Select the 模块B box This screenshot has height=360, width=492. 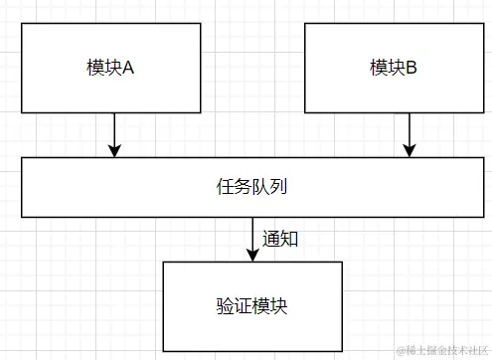click(x=394, y=68)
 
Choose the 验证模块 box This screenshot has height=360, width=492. click(x=252, y=304)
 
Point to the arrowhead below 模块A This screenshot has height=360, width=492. click(x=115, y=150)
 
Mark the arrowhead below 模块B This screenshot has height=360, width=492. click(x=407, y=150)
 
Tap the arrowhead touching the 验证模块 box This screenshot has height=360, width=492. click(x=252, y=255)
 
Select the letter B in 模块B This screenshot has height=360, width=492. click(x=411, y=69)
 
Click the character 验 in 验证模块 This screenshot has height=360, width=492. click(x=225, y=304)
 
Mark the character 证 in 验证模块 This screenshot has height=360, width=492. click(x=244, y=304)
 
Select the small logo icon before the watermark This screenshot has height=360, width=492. click(x=402, y=350)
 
